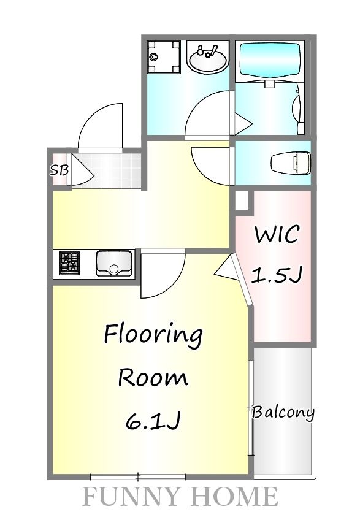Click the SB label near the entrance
59,170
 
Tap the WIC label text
277,234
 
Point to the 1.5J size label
277,275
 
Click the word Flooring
153,335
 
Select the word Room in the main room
153,377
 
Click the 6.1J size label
153,421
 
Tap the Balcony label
283,412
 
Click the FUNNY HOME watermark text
180,496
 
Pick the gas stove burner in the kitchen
69,264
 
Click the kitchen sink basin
114,264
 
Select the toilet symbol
292,162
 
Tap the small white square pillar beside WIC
242,201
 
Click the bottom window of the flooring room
138,476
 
